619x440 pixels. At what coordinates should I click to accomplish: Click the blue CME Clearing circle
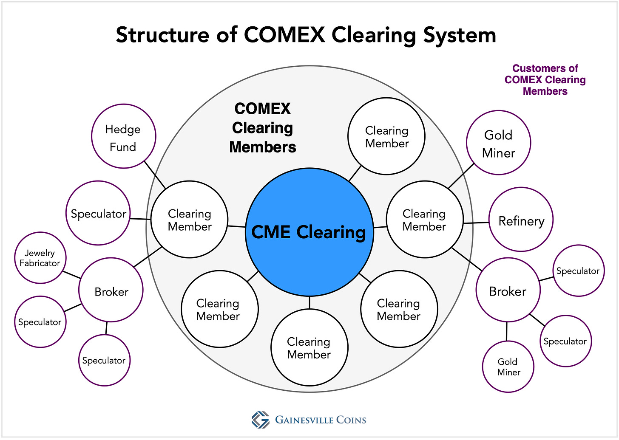click(309, 232)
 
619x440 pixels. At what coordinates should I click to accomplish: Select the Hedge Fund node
click(123, 136)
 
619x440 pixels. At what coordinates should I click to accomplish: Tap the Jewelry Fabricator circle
click(40, 258)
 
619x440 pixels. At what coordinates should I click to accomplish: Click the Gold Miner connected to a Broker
click(508, 367)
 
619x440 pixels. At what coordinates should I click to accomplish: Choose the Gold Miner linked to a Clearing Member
click(498, 143)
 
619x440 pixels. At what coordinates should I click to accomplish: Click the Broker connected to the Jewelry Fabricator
click(111, 291)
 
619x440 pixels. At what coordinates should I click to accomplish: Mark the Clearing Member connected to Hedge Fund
click(189, 219)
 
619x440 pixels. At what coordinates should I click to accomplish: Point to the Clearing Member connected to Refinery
click(424, 219)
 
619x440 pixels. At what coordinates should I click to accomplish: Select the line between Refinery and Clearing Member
click(476, 223)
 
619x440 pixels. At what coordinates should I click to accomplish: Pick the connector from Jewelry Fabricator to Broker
click(71, 275)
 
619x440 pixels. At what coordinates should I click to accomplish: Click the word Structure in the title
click(162, 35)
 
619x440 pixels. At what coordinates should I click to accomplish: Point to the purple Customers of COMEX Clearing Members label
click(545, 80)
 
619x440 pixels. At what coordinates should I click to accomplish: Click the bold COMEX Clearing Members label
click(262, 127)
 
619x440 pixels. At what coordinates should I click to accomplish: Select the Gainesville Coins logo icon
click(260, 420)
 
